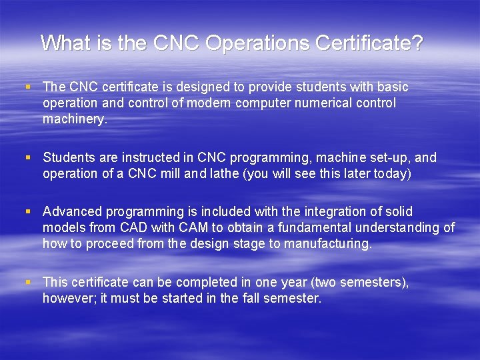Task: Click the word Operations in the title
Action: click(x=257, y=43)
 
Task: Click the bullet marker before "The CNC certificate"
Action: click(x=27, y=87)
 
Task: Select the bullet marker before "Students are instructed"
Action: click(x=27, y=158)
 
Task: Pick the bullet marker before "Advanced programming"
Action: click(x=27, y=212)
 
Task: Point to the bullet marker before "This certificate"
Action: click(x=27, y=283)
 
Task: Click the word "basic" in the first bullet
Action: click(x=392, y=87)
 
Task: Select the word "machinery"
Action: click(x=73, y=119)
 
